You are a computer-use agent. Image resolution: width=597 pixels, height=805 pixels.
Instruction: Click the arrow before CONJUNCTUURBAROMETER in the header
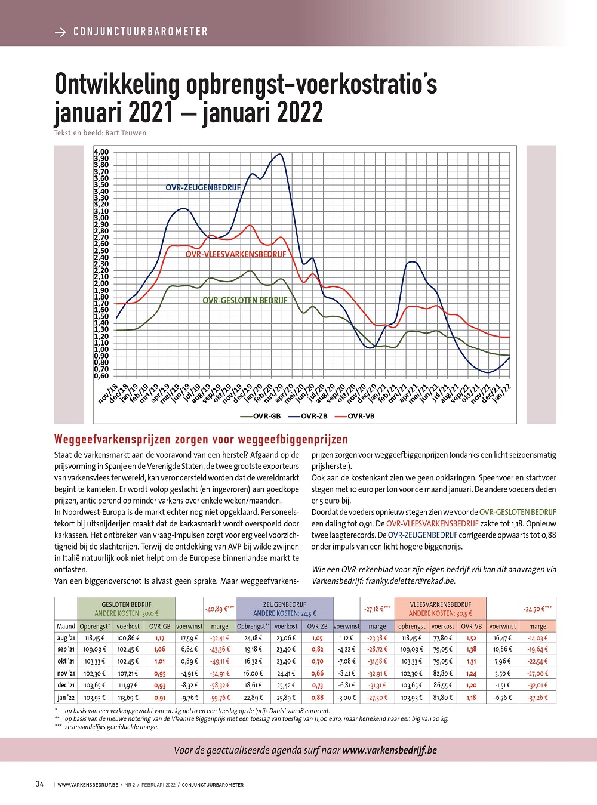(60, 32)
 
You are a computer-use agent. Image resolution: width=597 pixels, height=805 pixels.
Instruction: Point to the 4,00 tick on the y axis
(101, 152)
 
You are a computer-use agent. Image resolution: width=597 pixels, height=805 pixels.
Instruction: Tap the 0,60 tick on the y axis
(101, 376)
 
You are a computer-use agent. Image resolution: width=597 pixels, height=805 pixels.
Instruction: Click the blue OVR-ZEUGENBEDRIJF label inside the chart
(203, 187)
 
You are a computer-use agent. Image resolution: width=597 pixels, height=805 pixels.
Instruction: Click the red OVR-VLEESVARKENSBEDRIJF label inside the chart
(236, 254)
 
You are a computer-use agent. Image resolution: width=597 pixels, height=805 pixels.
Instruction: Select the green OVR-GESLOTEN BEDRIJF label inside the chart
(245, 300)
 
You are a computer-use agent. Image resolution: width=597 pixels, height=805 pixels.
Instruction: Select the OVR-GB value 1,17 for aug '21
(159, 638)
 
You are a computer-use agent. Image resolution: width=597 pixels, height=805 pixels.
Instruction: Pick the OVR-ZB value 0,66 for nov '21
(317, 673)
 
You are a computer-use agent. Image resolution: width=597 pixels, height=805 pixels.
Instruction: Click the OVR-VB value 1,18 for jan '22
(471, 697)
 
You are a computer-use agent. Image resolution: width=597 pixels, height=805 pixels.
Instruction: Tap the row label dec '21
(66, 685)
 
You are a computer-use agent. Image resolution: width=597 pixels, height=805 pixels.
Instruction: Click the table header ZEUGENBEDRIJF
(284, 604)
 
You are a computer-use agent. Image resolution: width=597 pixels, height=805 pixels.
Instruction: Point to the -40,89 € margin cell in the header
(220, 609)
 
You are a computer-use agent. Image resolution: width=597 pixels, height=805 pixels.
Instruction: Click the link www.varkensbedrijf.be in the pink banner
(389, 750)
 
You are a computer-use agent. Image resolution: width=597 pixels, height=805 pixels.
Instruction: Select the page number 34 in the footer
(39, 784)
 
